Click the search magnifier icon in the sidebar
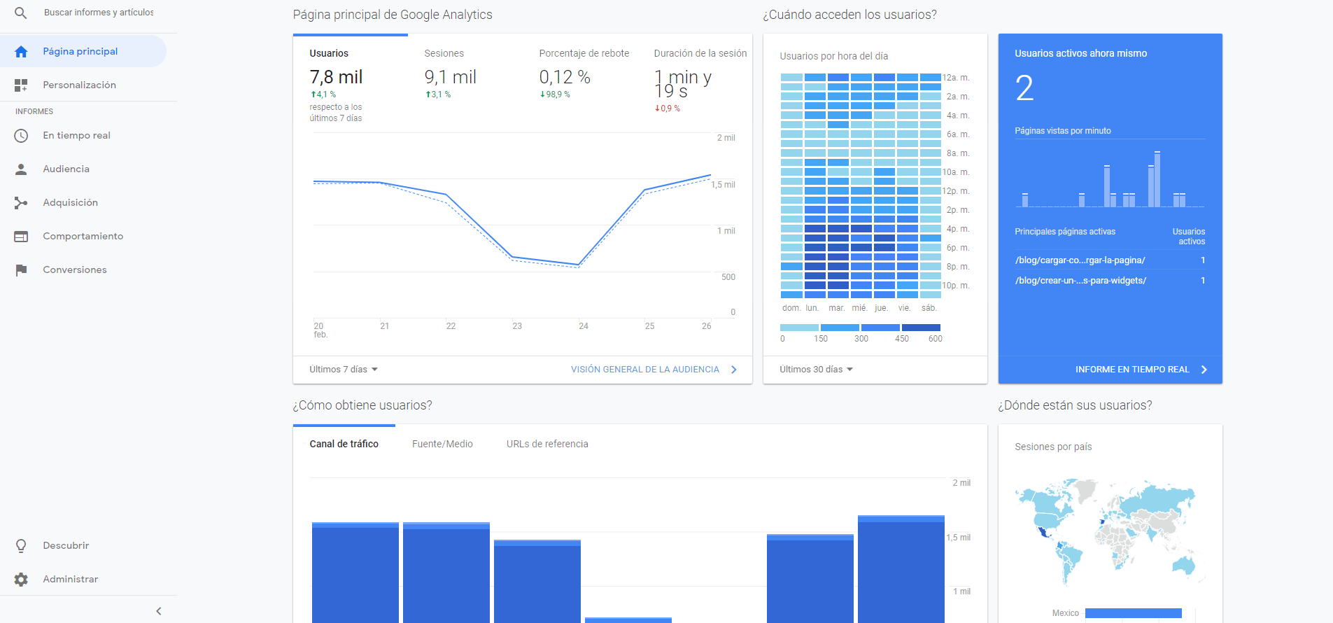click(21, 13)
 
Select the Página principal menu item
click(80, 51)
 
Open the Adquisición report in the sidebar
click(70, 202)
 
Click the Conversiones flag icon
click(21, 269)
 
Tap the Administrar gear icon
click(21, 579)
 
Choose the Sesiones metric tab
click(444, 53)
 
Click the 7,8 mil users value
click(336, 77)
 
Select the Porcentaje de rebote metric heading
click(584, 53)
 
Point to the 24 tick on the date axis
click(583, 326)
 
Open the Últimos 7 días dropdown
click(343, 370)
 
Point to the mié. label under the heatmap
click(859, 308)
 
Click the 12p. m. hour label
click(955, 191)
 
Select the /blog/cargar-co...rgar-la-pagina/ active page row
click(1080, 260)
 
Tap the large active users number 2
click(1024, 88)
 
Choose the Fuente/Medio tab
click(442, 444)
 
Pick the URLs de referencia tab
click(547, 444)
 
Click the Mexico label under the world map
click(1065, 613)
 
